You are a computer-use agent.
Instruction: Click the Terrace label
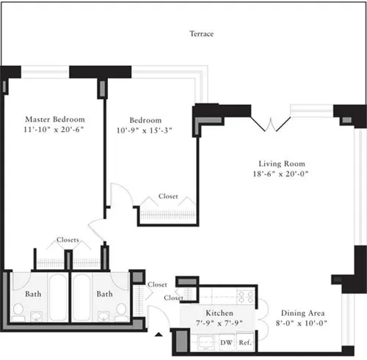click(201, 34)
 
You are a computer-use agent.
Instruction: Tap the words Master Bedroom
click(54, 120)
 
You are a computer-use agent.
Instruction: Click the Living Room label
click(281, 164)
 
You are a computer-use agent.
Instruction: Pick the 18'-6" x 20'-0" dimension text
click(281, 175)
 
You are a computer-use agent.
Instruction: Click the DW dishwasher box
click(226, 342)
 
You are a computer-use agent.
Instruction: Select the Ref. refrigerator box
click(244, 342)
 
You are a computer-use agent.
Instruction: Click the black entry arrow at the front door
click(159, 336)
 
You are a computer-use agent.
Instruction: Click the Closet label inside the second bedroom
click(167, 196)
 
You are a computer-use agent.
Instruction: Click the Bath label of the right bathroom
click(106, 294)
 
